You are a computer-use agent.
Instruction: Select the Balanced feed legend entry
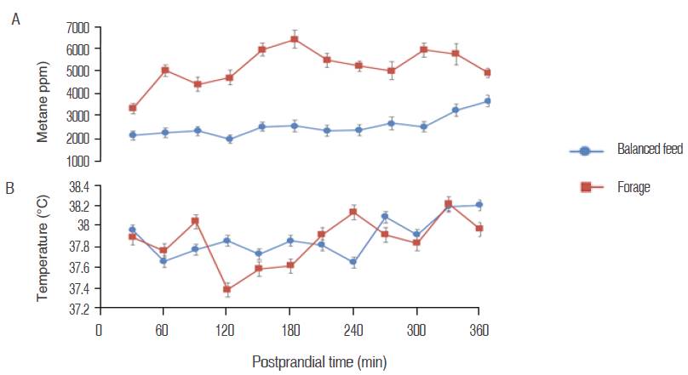click(626, 150)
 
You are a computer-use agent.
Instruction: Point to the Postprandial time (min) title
click(318, 361)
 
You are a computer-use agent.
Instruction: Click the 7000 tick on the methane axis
click(77, 27)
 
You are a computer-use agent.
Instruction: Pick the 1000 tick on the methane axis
click(77, 160)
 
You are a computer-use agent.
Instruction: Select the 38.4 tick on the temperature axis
click(75, 185)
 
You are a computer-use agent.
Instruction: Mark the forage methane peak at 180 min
click(295, 39)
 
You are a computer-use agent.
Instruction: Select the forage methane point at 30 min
click(133, 108)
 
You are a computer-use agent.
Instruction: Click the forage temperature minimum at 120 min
click(227, 290)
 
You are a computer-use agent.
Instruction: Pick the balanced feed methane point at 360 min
click(487, 101)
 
